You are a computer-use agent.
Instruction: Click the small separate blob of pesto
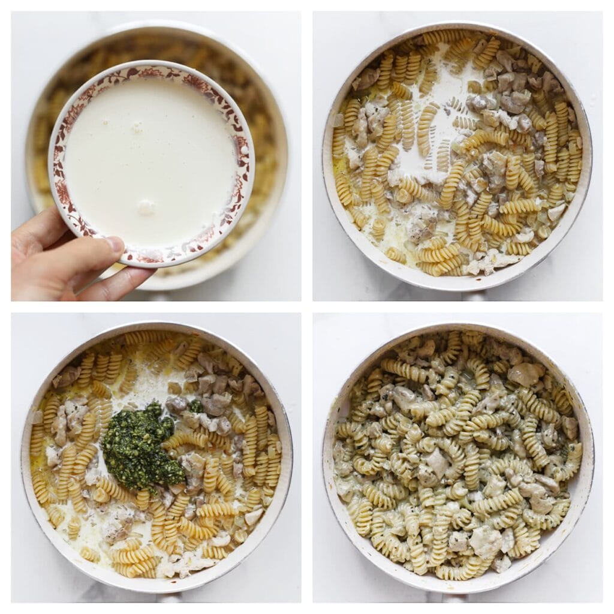(195, 406)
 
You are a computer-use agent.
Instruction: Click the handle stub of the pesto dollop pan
(168, 597)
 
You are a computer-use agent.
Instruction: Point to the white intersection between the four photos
(306, 306)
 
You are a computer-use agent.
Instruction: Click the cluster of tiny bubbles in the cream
(137, 127)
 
